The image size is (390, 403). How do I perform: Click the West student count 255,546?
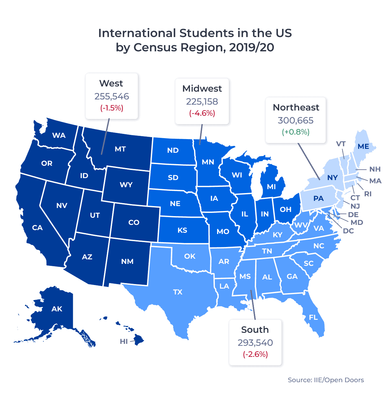(x=111, y=97)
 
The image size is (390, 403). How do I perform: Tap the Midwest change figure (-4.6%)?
(x=202, y=113)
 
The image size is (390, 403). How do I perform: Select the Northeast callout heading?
(x=296, y=108)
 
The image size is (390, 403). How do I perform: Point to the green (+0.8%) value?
(x=296, y=132)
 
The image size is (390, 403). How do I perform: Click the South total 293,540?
(x=255, y=343)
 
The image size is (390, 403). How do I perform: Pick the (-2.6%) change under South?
(x=255, y=354)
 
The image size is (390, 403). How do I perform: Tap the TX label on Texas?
(x=178, y=292)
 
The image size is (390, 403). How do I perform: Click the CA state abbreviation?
(x=37, y=228)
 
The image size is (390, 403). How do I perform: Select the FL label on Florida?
(x=313, y=318)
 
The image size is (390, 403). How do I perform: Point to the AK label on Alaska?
(x=57, y=309)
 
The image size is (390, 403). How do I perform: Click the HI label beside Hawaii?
(x=124, y=342)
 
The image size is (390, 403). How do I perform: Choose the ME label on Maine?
(x=363, y=147)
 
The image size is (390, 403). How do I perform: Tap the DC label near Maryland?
(x=348, y=231)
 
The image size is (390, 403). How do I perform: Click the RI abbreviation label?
(x=368, y=194)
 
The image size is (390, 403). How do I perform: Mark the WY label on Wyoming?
(x=126, y=185)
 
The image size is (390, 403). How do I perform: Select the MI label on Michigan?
(x=271, y=187)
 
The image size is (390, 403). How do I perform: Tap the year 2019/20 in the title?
(x=251, y=47)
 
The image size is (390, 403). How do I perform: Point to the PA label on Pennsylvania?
(x=318, y=199)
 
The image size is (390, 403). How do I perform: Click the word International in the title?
(x=137, y=33)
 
